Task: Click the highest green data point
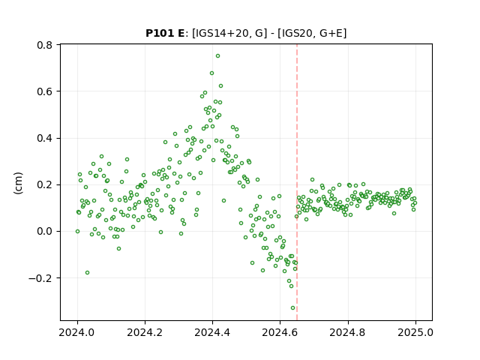tap(217, 56)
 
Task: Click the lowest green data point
tap(292, 308)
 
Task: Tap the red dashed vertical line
tap(297, 182)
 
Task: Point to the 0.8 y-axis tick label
tap(44, 45)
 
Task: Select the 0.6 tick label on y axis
tap(44, 91)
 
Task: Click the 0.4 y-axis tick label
tap(44, 138)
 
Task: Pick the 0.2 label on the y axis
tap(44, 185)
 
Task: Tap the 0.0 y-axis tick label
tap(44, 232)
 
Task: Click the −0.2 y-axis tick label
tap(40, 278)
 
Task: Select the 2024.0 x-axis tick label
tap(77, 332)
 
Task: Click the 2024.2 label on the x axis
tap(145, 332)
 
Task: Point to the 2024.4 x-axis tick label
tap(212, 332)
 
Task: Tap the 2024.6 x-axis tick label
tap(280, 332)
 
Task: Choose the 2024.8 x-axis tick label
tap(348, 332)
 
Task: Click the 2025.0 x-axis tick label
tap(415, 332)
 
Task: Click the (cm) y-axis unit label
tap(18, 183)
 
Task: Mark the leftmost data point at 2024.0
tap(77, 232)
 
